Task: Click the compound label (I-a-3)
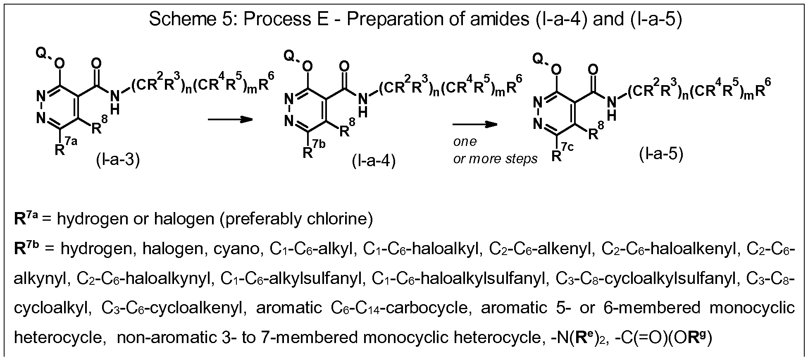(x=118, y=160)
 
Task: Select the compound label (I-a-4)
(x=374, y=161)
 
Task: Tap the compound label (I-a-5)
(x=661, y=154)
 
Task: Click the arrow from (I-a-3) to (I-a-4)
(x=230, y=120)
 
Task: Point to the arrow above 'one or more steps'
(x=475, y=124)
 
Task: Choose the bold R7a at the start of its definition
(x=26, y=218)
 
